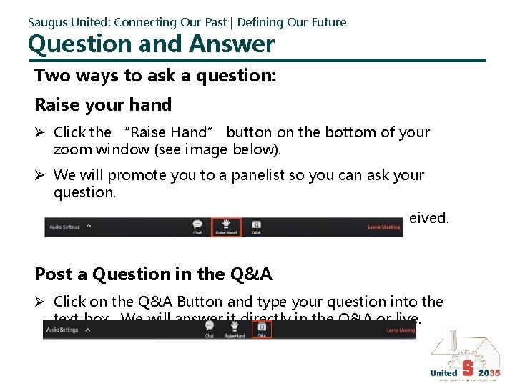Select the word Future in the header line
(x=328, y=22)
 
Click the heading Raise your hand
(x=103, y=105)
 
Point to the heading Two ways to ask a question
(x=154, y=76)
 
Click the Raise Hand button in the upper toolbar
(x=226, y=227)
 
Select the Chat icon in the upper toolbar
(x=197, y=226)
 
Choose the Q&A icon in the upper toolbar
(x=256, y=226)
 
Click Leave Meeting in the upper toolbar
(x=383, y=227)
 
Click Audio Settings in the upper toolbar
(x=64, y=227)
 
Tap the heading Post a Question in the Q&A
(x=153, y=274)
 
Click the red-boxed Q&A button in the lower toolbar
(x=262, y=329)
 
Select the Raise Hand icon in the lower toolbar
(x=235, y=329)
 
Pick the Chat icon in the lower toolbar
(x=210, y=329)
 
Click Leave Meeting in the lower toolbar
(x=401, y=330)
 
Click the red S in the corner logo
(x=467, y=370)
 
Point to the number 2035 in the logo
(x=489, y=372)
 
